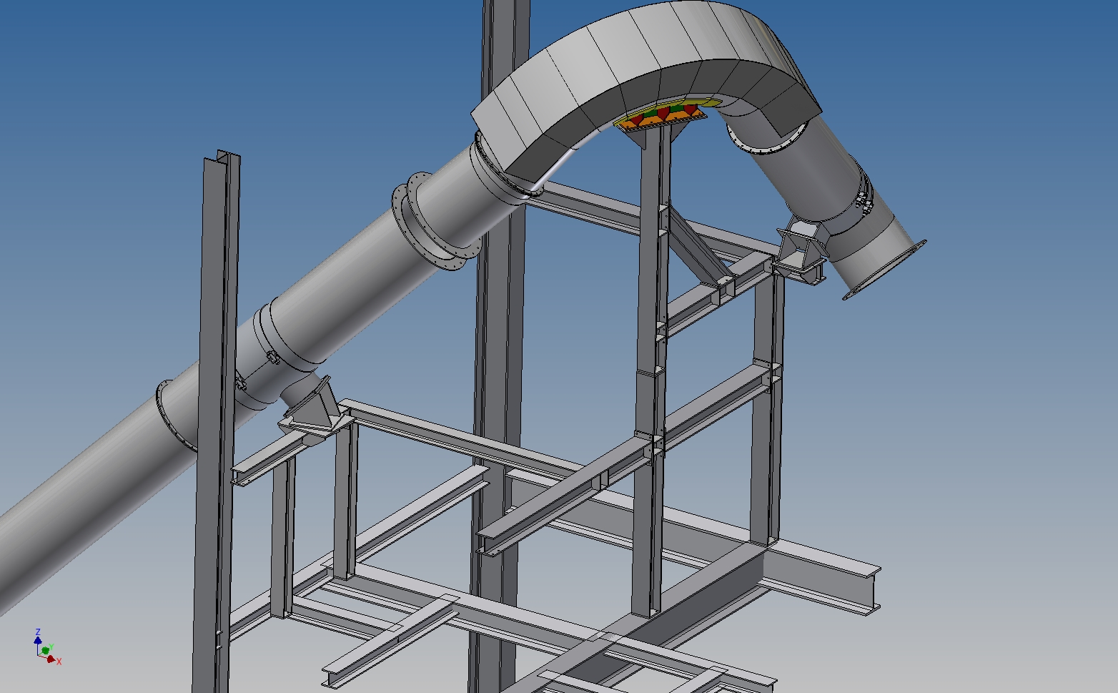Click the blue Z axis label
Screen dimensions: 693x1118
pos(38,632)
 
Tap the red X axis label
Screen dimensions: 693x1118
pos(59,662)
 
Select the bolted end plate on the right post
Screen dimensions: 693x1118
pos(772,375)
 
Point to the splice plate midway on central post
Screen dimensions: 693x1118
pos(651,371)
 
